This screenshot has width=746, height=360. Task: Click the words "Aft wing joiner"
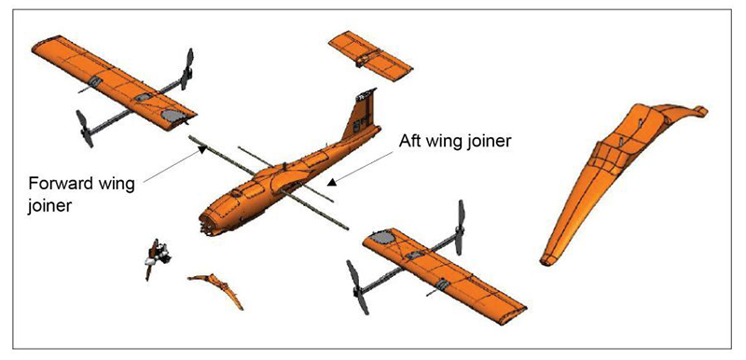point(454,141)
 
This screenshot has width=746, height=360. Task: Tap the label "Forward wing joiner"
point(81,195)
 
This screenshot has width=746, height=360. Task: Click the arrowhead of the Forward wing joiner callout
point(202,149)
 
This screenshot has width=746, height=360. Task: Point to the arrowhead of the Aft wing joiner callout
point(332,181)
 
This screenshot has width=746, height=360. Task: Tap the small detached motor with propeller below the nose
point(158,257)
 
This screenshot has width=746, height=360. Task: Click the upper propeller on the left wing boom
point(188,69)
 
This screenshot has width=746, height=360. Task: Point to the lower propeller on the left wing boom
point(85,128)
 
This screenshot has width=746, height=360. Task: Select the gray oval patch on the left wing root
point(173,115)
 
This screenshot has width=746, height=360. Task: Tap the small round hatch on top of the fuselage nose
point(237,194)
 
